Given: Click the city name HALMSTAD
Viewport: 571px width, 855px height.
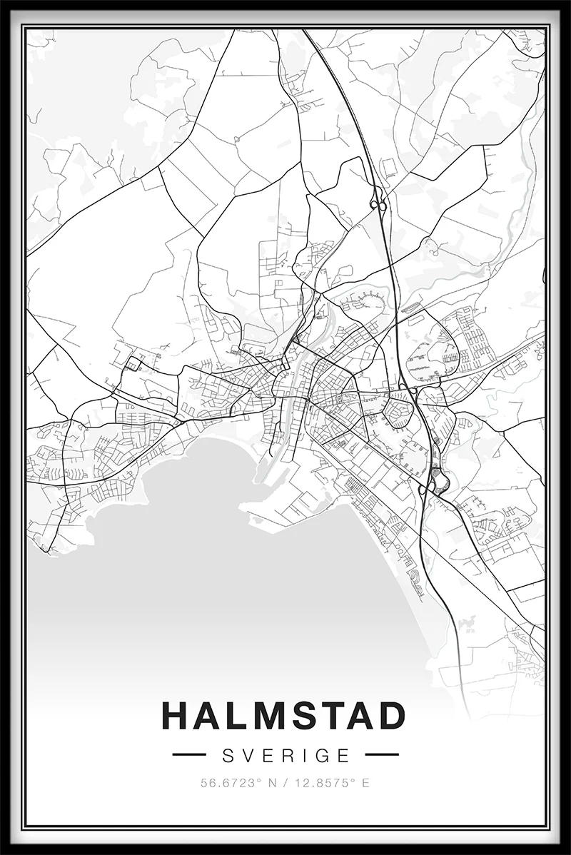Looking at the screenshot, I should click(x=284, y=716).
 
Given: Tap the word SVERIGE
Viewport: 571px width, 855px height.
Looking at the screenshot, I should click(x=285, y=755).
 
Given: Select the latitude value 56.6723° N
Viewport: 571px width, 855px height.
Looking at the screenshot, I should click(x=233, y=783).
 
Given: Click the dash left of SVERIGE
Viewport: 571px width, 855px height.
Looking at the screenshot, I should click(x=189, y=754).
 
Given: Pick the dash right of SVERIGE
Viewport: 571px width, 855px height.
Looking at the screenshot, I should click(x=381, y=754).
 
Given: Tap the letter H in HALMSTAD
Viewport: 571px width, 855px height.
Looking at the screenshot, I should click(x=176, y=716).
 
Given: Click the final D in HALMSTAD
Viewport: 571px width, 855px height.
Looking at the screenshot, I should click(x=391, y=716).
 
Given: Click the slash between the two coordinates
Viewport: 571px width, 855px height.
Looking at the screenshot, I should click(x=284, y=783).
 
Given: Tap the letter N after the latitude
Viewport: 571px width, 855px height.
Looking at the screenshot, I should click(x=272, y=783).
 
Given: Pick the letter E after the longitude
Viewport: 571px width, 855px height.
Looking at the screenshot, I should click(x=365, y=783).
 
